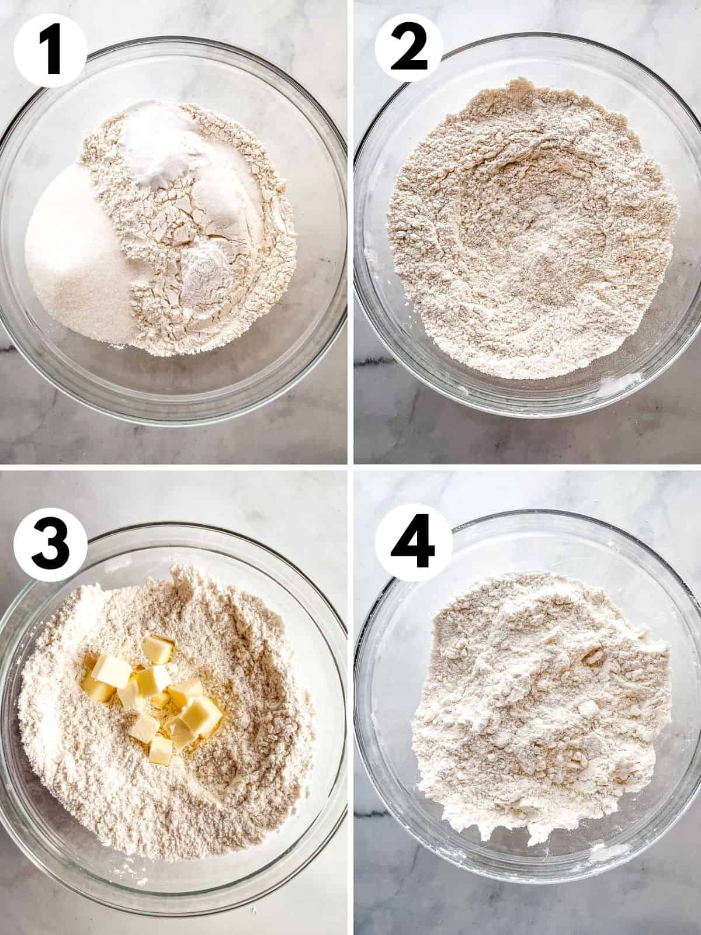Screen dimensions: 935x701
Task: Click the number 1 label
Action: point(50,51)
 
